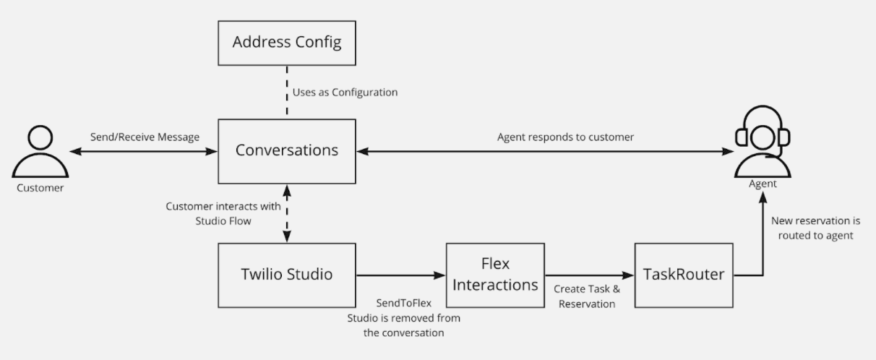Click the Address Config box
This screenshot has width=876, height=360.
coord(287,42)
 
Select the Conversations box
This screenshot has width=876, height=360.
coord(287,150)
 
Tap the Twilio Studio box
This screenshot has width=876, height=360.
coord(287,275)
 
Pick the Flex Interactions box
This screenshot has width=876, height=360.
coord(495,275)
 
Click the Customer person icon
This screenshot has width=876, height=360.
coord(40,153)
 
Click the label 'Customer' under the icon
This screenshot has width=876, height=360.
coord(40,188)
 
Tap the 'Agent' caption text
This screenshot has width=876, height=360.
coord(763,184)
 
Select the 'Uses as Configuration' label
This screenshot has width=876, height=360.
coord(345,93)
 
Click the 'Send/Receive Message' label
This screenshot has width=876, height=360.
coord(145,137)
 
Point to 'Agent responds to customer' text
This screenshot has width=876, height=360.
coord(565,137)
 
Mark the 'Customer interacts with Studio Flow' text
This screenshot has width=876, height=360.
coord(223,213)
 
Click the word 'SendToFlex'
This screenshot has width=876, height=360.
coord(403,303)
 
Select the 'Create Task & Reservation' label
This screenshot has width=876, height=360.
coord(587,296)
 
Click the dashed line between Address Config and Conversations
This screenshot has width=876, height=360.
coord(287,93)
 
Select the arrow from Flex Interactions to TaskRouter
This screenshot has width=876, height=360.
coord(589,275)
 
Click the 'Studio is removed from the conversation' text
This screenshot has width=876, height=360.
coord(403,325)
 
